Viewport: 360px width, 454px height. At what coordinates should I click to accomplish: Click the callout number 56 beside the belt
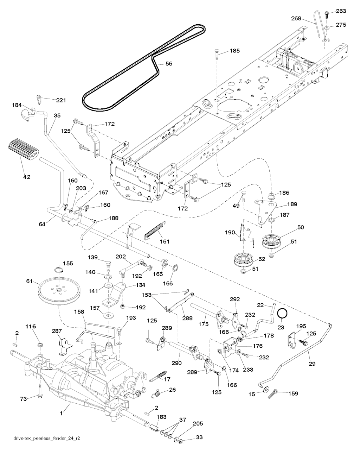click(169, 64)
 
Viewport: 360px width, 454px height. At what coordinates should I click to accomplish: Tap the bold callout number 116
click(31, 327)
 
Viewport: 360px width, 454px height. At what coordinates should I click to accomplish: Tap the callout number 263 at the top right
click(341, 11)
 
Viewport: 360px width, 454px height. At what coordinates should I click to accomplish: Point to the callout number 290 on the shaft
click(177, 362)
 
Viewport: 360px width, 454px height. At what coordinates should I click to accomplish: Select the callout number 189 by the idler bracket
click(292, 204)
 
